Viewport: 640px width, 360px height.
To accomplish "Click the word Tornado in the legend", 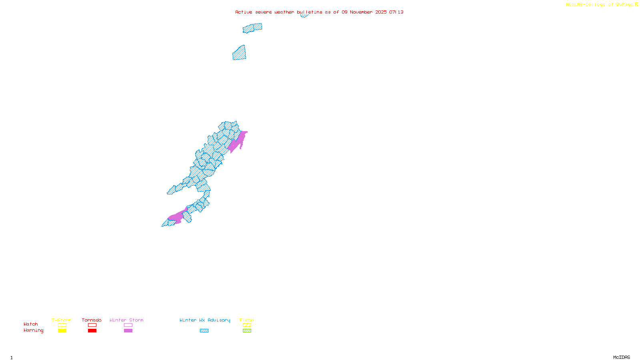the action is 92,320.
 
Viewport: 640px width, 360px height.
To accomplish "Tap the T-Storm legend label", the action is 62,320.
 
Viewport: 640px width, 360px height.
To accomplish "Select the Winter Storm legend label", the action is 126,320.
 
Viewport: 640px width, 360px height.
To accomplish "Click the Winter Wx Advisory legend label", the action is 205,320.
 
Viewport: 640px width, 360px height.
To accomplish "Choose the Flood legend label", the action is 247,320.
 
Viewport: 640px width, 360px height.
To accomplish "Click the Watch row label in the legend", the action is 31,324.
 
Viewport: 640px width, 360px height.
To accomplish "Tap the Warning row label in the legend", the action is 34,330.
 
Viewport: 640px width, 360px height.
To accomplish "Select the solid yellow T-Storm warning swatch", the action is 62,331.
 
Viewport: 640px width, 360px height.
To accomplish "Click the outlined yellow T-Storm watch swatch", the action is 62,325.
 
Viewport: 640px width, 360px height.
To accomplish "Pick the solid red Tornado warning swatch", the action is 92,331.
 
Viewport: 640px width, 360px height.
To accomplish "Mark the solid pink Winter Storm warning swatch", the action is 128,331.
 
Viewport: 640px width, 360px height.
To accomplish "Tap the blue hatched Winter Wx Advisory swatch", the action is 204,331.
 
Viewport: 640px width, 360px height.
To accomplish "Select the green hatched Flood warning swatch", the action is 247,331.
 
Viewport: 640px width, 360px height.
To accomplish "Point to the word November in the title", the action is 361,12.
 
